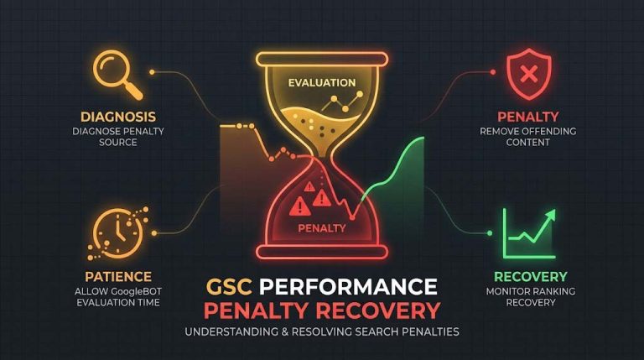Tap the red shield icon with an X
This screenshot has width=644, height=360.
coord(528,74)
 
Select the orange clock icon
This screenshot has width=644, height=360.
coord(118,233)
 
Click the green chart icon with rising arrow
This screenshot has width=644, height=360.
coord(529,233)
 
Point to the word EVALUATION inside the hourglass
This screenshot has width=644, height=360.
coord(322,82)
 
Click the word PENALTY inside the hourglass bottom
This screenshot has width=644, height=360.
coord(322,228)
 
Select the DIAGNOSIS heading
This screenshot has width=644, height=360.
coord(118,117)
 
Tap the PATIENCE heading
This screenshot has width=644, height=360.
coord(118,277)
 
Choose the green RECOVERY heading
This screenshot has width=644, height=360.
coord(530,277)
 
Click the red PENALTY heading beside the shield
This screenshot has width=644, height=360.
coord(528,117)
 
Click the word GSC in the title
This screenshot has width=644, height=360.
coord(229,286)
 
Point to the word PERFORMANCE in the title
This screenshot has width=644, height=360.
coord(348,286)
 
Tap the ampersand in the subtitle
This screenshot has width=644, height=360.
coord(285,331)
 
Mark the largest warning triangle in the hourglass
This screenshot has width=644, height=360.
coord(299,206)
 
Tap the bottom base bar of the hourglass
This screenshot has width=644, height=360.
coord(322,252)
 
